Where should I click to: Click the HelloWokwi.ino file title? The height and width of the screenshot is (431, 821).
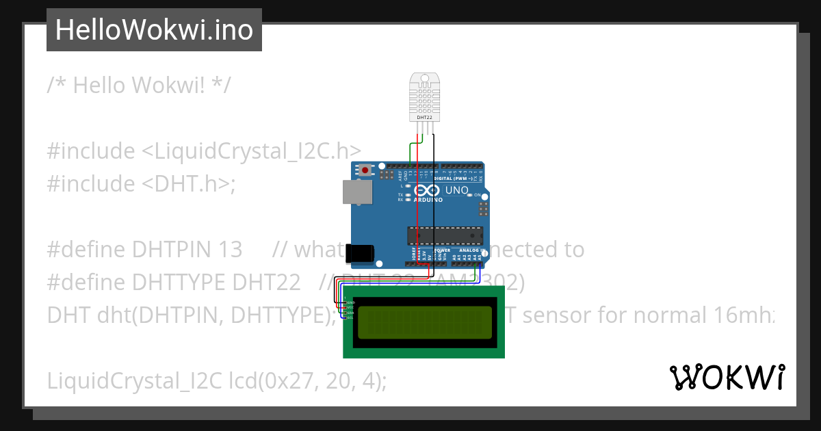point(154,30)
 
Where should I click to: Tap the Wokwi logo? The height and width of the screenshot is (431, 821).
point(727,377)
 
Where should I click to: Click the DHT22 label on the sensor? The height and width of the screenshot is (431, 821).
point(424,118)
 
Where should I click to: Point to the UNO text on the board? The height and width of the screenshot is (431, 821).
point(456,190)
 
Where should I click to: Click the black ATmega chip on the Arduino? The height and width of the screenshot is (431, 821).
point(445,235)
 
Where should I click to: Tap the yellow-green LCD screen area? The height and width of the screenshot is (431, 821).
point(424,322)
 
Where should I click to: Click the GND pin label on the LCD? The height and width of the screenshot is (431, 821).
point(351,302)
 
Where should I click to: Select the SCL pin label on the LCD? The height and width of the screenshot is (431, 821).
point(350,317)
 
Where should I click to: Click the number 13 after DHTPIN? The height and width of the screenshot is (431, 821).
point(231,250)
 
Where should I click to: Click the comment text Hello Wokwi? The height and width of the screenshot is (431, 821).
point(140,86)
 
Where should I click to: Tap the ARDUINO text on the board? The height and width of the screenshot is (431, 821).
point(428,200)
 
